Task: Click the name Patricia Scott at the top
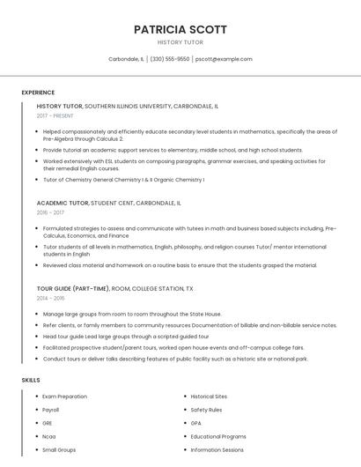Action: point(180,29)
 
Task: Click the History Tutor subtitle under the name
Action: point(180,42)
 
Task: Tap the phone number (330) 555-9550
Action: point(170,59)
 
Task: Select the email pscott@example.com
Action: point(224,59)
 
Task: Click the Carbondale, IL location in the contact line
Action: point(126,59)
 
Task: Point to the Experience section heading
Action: point(38,92)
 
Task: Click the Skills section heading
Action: point(31,380)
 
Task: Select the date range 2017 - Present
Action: point(55,115)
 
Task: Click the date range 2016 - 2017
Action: point(50,212)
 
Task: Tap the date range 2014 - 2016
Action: point(50,298)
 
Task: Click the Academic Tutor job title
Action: point(63,203)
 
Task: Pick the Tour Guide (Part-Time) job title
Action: point(73,288)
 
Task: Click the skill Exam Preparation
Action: point(65,397)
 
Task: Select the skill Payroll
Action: point(51,410)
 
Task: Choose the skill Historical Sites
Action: point(209,397)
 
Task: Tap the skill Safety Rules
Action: point(206,410)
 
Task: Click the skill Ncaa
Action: point(48,436)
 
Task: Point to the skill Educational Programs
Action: point(218,436)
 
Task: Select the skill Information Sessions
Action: point(217,449)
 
